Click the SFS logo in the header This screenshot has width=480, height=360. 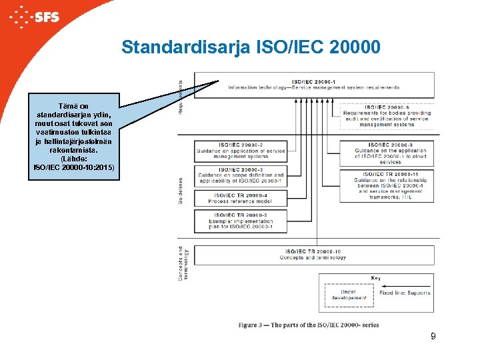click(x=37, y=15)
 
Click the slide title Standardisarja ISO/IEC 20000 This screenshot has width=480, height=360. click(x=251, y=47)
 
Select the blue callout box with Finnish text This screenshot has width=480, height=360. click(x=74, y=137)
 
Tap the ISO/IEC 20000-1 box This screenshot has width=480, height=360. click(x=313, y=84)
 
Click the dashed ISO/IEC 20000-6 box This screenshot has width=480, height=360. click(x=387, y=115)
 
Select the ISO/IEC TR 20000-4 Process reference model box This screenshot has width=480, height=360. click(x=240, y=198)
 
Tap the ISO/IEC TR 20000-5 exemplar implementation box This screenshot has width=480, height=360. click(x=240, y=221)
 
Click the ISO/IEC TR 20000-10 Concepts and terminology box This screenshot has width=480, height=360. click(x=313, y=255)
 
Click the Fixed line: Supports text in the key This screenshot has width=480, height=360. click(x=404, y=293)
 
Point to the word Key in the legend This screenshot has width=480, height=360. click(x=376, y=277)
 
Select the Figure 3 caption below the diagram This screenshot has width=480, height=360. click(x=308, y=325)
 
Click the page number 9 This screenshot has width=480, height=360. click(x=433, y=337)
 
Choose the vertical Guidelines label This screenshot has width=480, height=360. click(x=181, y=191)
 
